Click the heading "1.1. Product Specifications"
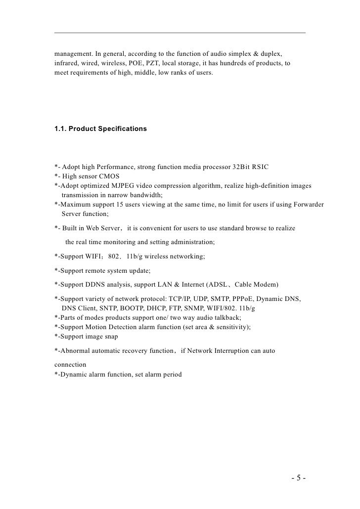pyautogui.click(x=100, y=129)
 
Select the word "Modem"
pyautogui.click(x=266, y=285)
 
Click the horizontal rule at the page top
pyautogui.click(x=180, y=33)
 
